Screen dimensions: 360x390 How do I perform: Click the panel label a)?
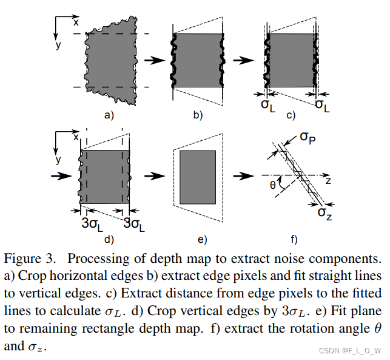click(109, 115)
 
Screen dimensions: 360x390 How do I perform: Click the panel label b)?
click(197, 115)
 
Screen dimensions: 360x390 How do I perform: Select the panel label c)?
click(291, 115)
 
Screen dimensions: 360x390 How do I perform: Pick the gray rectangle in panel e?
click(198, 177)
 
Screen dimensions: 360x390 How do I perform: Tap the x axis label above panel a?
click(76, 22)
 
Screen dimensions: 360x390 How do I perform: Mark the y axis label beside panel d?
click(58, 160)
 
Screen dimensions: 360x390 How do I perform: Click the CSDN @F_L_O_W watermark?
click(351, 350)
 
